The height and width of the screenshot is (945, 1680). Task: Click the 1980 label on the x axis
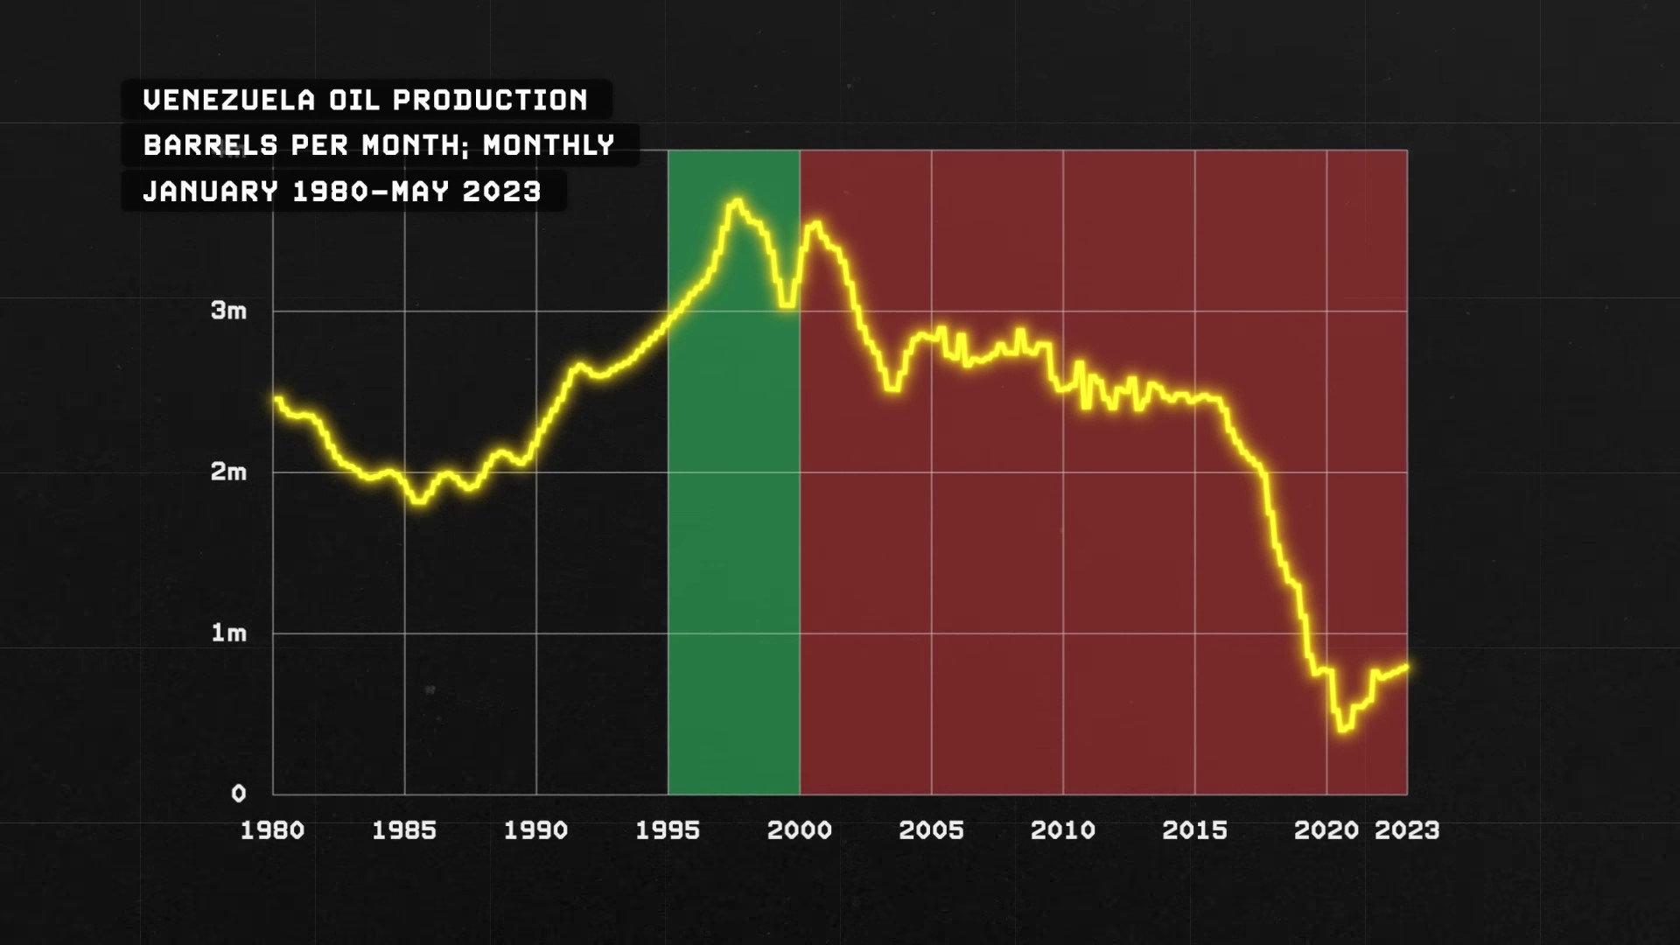(272, 829)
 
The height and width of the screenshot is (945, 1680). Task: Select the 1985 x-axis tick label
(404, 829)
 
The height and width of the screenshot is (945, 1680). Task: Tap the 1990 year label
(535, 829)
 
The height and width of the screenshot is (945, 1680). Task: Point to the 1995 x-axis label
(668, 829)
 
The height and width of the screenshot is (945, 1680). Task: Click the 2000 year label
(800, 829)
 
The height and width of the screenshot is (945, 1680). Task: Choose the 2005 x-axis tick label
(931, 829)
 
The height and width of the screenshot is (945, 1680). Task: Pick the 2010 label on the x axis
(1063, 829)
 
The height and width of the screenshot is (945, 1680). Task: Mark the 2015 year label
(1194, 829)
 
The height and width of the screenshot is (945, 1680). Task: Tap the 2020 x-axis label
(1326, 829)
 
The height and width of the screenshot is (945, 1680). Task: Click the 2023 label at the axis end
(1407, 829)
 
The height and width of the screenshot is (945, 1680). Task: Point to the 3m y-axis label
(228, 311)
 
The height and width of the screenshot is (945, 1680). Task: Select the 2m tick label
(228, 472)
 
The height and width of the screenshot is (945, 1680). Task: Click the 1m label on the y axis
(228, 633)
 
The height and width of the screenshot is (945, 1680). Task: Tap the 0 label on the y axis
(239, 794)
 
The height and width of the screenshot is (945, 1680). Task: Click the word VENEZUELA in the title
(228, 100)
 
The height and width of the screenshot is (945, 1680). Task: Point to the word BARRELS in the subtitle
(210, 145)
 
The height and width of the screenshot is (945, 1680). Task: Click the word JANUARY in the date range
(210, 191)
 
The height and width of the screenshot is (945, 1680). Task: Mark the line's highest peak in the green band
(736, 202)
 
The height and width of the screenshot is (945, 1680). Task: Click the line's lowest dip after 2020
(1342, 729)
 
